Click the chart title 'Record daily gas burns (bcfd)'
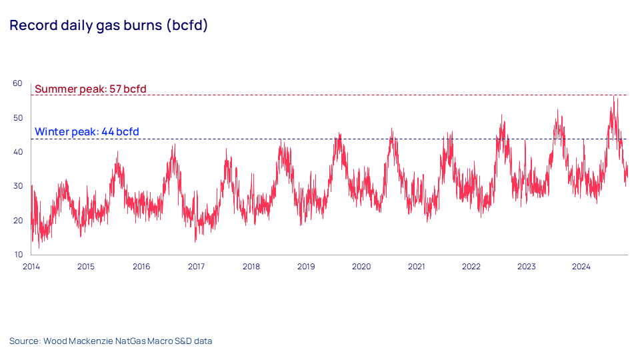pos(109,26)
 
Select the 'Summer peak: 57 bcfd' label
pos(90,89)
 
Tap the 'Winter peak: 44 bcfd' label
pos(87,132)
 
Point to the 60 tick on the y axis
pos(17,83)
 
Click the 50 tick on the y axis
pos(17,117)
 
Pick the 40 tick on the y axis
pos(17,152)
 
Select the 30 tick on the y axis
pos(17,186)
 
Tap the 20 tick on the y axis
pos(17,221)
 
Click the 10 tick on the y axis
pos(17,255)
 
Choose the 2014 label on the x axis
pos(31,267)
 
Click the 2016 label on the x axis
pos(141,267)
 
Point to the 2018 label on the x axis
pos(251,267)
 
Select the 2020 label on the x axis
pos(361,267)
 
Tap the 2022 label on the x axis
pos(471,267)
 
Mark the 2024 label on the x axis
pos(581,267)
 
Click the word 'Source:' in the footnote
pos(25,341)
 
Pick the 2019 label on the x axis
pos(306,267)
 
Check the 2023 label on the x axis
pos(527,267)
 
